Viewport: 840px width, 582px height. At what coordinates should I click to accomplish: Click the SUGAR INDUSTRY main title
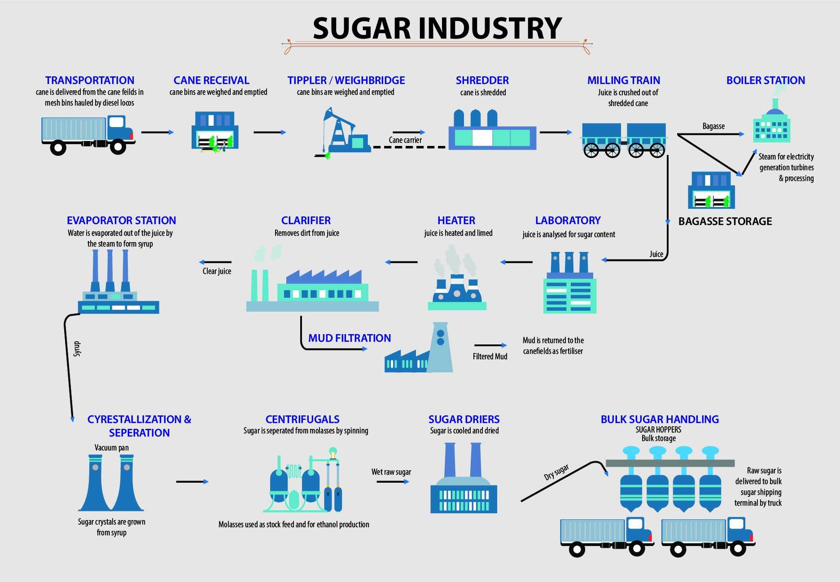click(437, 28)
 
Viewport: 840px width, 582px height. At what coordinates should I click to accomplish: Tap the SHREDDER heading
click(482, 80)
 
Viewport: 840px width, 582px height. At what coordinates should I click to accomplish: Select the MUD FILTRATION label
click(349, 338)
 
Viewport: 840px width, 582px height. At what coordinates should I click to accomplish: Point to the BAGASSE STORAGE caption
click(725, 221)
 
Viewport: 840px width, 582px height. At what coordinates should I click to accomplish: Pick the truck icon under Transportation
click(87, 134)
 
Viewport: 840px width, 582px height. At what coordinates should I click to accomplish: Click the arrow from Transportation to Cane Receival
click(157, 132)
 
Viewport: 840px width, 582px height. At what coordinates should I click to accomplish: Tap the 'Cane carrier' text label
click(405, 140)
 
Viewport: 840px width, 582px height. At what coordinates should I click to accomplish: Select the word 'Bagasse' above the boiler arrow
click(713, 126)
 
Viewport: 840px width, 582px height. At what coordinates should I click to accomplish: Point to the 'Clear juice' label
click(217, 271)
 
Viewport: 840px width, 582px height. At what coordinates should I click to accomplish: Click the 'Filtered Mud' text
click(490, 357)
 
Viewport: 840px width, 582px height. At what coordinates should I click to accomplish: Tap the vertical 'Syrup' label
click(77, 348)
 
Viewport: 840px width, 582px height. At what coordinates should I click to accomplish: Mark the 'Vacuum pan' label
click(111, 448)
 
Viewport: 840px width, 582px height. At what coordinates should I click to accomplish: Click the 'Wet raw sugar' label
click(391, 472)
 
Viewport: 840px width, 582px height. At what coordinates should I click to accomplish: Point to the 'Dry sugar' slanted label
click(556, 472)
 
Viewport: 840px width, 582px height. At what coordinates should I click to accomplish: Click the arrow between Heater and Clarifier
click(401, 262)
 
